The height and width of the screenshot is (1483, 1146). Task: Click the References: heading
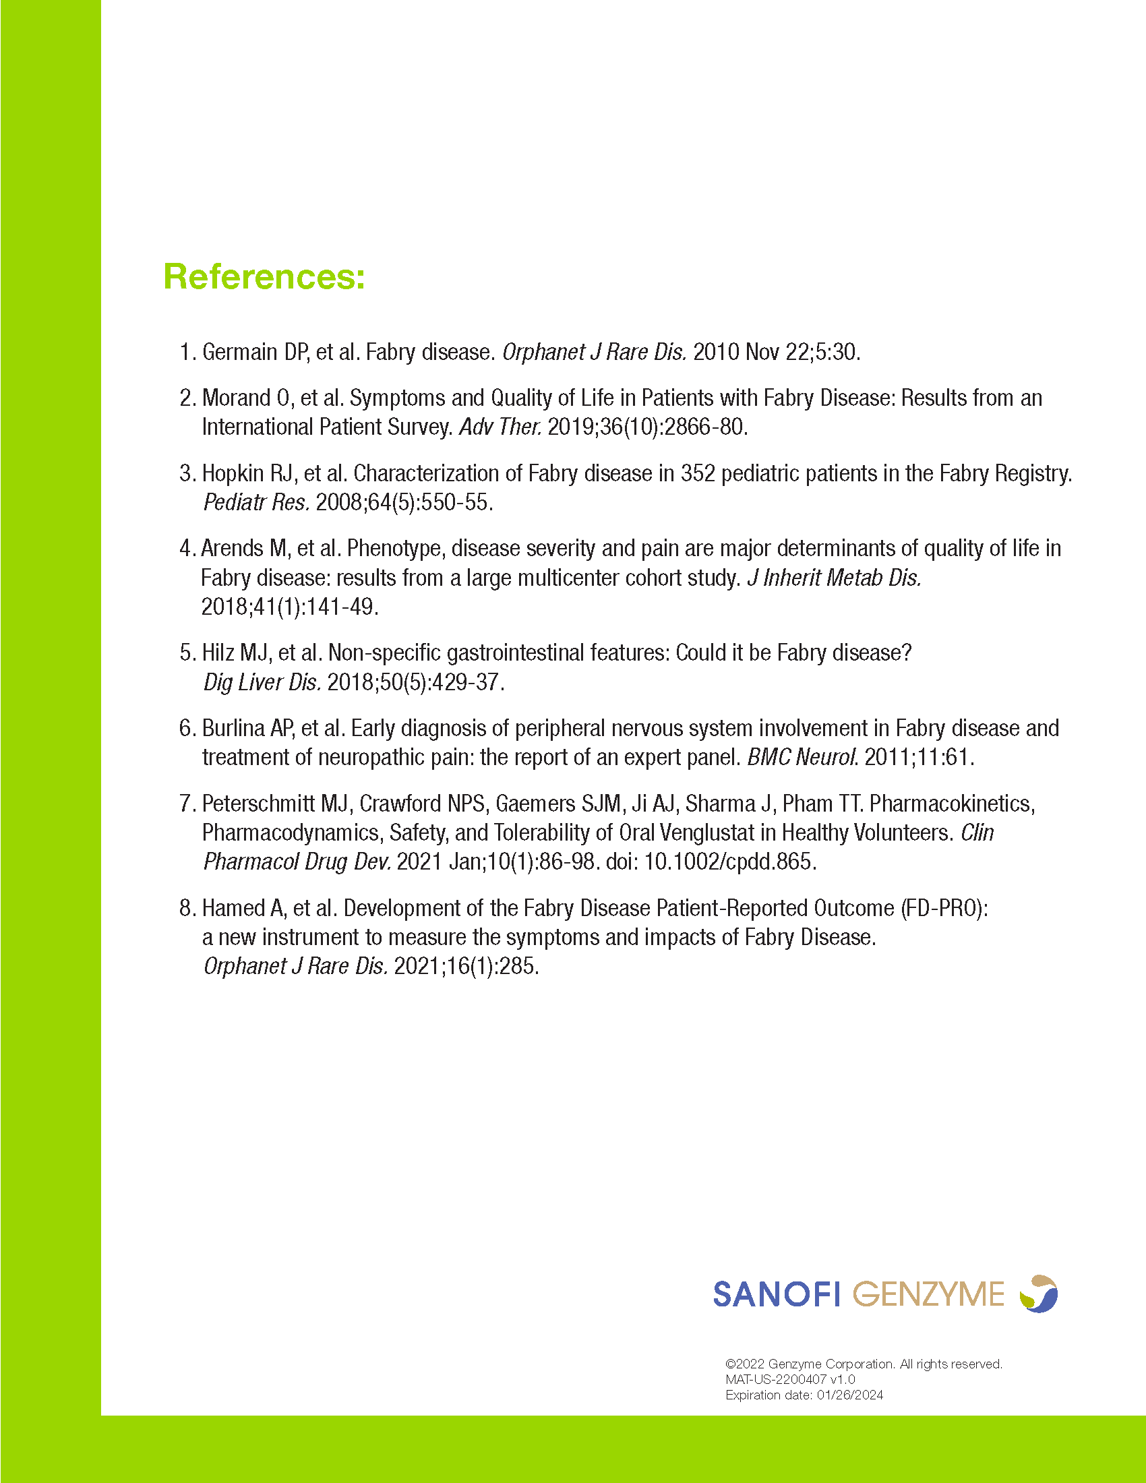click(x=264, y=277)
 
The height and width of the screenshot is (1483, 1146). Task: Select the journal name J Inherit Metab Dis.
click(x=834, y=578)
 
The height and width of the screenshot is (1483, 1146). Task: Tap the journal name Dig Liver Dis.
click(x=262, y=682)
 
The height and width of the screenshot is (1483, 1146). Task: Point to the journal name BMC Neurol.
click(x=802, y=757)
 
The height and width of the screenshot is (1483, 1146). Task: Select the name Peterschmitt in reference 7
click(x=258, y=804)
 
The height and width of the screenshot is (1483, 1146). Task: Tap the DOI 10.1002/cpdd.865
click(x=729, y=861)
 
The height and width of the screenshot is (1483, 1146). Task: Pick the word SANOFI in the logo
click(x=777, y=1294)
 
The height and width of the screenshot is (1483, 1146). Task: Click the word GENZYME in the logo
click(x=928, y=1294)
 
